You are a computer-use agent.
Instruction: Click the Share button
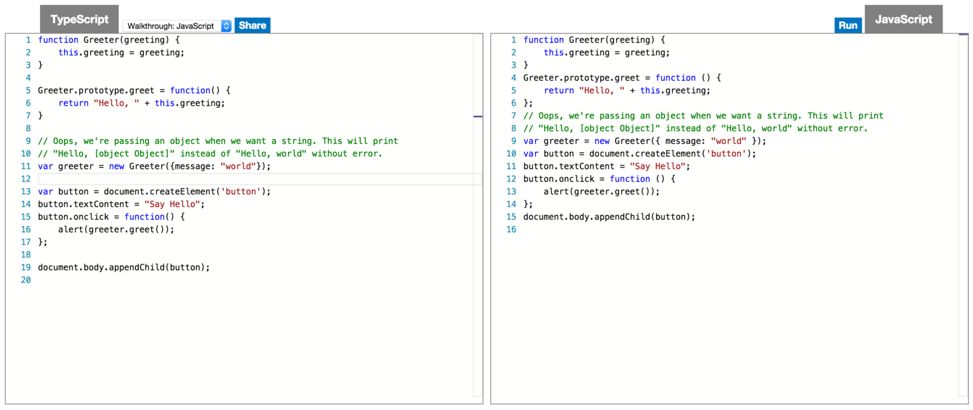[x=252, y=26]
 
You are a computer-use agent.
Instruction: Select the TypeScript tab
[x=79, y=19]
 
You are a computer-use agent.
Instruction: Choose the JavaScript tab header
[x=903, y=19]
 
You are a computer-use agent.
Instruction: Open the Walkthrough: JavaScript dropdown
[x=177, y=26]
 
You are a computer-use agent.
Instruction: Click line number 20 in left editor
[x=26, y=280]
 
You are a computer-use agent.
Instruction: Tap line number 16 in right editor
[x=511, y=230]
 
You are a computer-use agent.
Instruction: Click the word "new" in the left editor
[x=116, y=166]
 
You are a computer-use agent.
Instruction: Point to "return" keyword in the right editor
[x=558, y=91]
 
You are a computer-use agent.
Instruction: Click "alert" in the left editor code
[x=71, y=230]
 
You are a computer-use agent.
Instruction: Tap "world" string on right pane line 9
[x=728, y=141]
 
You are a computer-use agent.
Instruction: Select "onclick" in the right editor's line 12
[x=577, y=179]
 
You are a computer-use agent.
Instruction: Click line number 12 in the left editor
[x=26, y=179]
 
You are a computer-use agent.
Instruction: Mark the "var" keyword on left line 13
[x=45, y=192]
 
